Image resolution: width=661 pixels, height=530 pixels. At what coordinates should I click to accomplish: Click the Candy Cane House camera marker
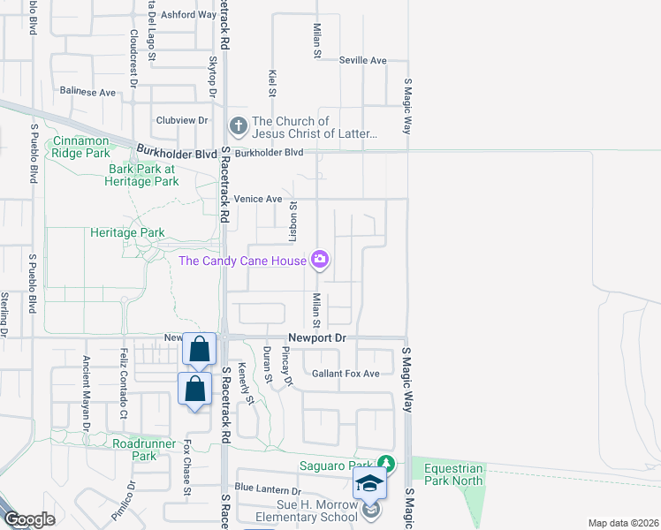coord(319,260)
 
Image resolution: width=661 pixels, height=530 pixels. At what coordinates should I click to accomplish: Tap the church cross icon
coord(238,127)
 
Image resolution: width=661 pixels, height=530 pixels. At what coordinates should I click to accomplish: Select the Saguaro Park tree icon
coord(385,464)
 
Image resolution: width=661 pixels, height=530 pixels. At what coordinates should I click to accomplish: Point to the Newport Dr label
coord(319,338)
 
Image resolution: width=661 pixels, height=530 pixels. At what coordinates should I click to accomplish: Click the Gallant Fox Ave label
coord(346,374)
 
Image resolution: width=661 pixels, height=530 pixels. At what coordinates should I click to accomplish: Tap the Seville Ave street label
coord(363,60)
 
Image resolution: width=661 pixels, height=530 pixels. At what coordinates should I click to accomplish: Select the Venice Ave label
coord(257,200)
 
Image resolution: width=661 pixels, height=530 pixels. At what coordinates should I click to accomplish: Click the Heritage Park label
coord(127,232)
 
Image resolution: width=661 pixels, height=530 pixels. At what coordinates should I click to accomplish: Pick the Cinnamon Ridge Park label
coord(80,147)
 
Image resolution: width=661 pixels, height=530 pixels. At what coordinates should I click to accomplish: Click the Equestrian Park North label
coord(454,474)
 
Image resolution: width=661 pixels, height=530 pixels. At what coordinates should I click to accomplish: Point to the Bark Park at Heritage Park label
coord(143,175)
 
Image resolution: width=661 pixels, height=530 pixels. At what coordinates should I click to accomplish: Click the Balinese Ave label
coord(87,92)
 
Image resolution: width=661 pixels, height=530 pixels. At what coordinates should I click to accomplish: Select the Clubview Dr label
coord(181,120)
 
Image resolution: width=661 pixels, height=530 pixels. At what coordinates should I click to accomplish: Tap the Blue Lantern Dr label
coord(268,489)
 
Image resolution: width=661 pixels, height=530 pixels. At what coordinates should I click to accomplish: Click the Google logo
coord(29,519)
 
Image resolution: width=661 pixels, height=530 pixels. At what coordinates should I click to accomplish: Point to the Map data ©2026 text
coord(624,523)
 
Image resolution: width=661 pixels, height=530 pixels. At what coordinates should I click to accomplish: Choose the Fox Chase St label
coord(186,469)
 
